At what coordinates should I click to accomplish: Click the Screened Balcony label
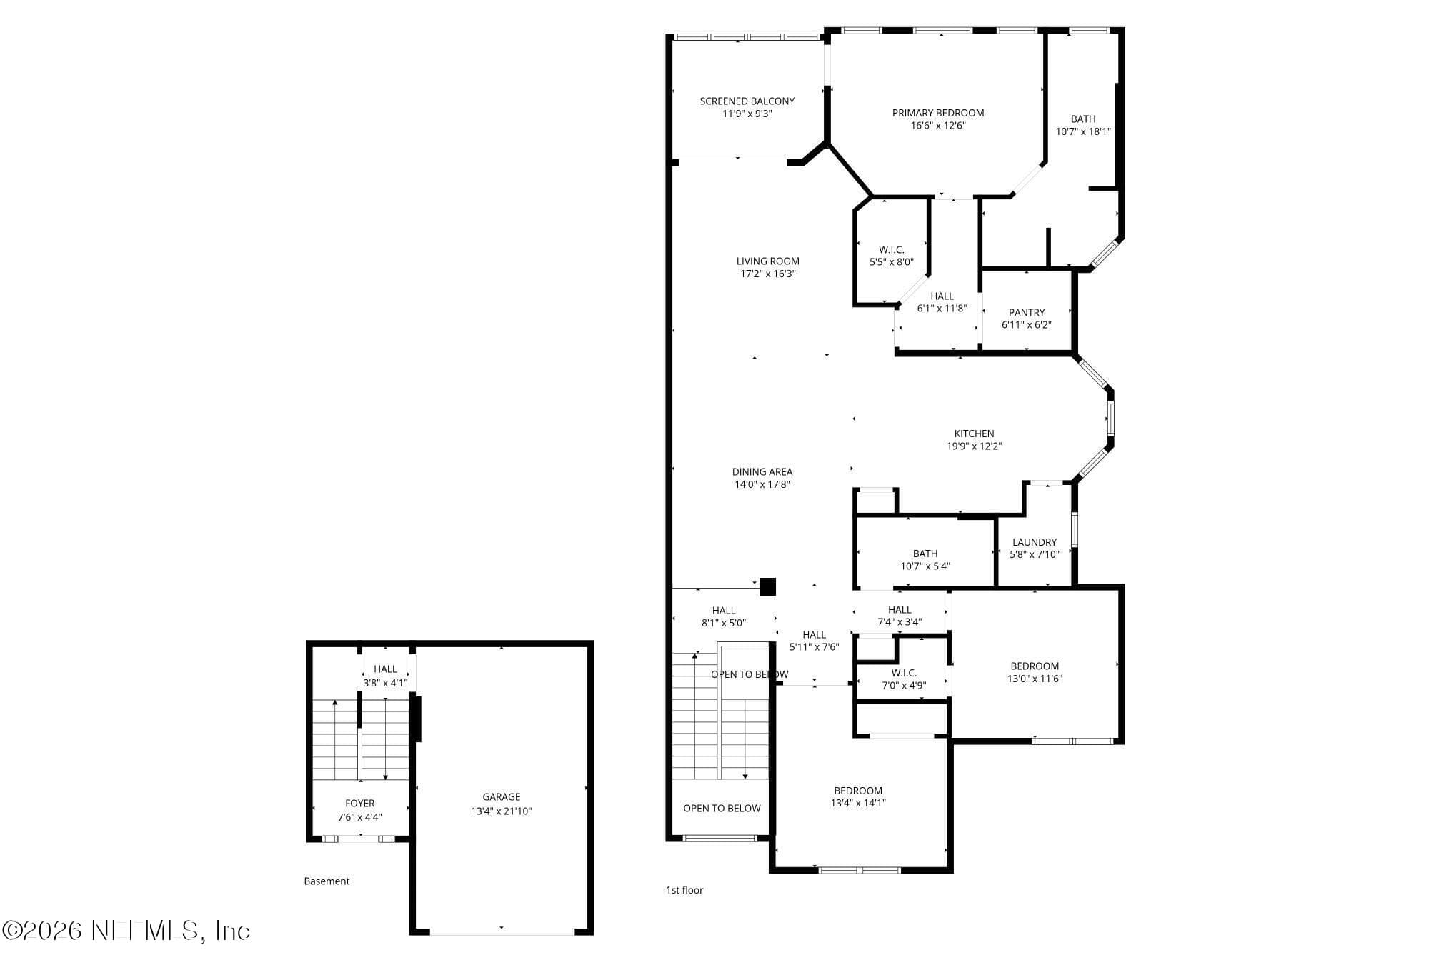coord(747,101)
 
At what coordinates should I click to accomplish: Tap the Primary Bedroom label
coord(938,113)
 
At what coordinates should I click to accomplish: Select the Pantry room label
coord(1027,312)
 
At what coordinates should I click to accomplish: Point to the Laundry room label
coord(1035,542)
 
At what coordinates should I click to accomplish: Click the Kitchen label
coord(975,434)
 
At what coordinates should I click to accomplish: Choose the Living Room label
coord(768,261)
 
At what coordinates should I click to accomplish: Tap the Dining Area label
coord(762,472)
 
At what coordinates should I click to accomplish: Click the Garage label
coord(502,797)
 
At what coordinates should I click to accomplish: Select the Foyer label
coord(360,804)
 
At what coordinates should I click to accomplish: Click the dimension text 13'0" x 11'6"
coord(1035,679)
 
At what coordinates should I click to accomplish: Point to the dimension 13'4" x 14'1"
coord(858,803)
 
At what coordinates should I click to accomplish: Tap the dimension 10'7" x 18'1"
coord(1083,131)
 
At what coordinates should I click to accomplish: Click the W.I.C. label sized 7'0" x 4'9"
coord(904,673)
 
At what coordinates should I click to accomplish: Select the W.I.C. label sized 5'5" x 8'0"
coord(892,249)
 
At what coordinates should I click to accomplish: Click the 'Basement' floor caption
coord(327,881)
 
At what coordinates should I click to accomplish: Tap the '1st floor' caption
coord(684,890)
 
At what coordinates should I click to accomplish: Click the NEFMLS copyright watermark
coord(126,931)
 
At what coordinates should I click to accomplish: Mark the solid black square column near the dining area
coord(767,587)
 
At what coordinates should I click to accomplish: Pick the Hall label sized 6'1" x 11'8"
coord(942,296)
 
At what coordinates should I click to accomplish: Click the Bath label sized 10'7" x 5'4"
coord(925,554)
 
